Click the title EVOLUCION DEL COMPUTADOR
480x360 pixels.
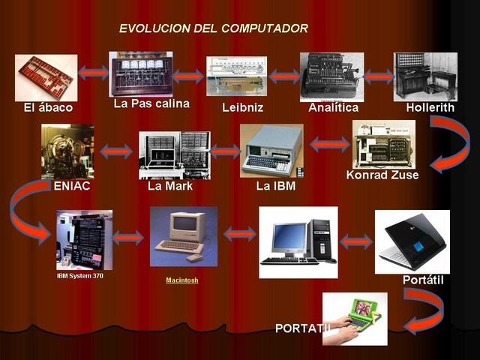pyautogui.click(x=213, y=28)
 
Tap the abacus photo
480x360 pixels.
pyautogui.click(x=45, y=78)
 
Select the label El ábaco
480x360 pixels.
pyautogui.click(x=48, y=108)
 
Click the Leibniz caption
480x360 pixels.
pyautogui.click(x=242, y=108)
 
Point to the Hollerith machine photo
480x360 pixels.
pyautogui.click(x=425, y=76)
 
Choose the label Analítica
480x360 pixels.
pyautogui.click(x=333, y=108)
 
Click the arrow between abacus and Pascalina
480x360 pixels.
pyautogui.click(x=93, y=73)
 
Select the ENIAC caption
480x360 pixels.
pyautogui.click(x=72, y=186)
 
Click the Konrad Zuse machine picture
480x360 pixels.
pyautogui.click(x=383, y=144)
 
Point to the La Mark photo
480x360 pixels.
pyautogui.click(x=174, y=154)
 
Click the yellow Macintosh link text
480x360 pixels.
pyautogui.click(x=182, y=280)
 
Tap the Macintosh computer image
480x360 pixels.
pyautogui.click(x=183, y=237)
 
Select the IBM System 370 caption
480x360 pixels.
pyautogui.click(x=80, y=276)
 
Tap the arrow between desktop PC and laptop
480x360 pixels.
pyautogui.click(x=356, y=241)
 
